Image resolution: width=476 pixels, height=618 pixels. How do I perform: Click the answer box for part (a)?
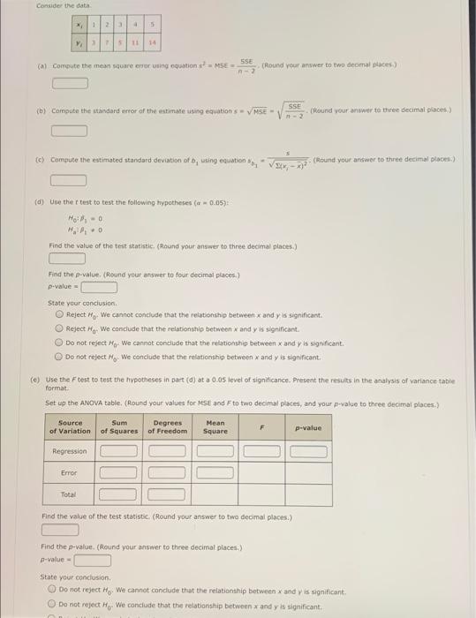click(x=70, y=84)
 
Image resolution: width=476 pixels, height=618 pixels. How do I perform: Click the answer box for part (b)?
click(x=70, y=132)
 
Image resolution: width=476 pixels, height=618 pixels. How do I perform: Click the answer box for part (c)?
click(x=70, y=181)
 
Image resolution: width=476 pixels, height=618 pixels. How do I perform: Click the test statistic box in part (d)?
click(x=66, y=260)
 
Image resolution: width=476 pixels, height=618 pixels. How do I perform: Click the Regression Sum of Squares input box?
click(x=118, y=451)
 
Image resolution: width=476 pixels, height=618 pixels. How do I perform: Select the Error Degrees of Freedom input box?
click(x=168, y=472)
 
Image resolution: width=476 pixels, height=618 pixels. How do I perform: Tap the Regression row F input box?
click(x=261, y=451)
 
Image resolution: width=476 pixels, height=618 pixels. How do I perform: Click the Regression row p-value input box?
click(x=309, y=451)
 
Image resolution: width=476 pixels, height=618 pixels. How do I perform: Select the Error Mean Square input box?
click(x=215, y=472)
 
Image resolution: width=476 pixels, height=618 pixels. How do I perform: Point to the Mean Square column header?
click(x=215, y=427)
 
